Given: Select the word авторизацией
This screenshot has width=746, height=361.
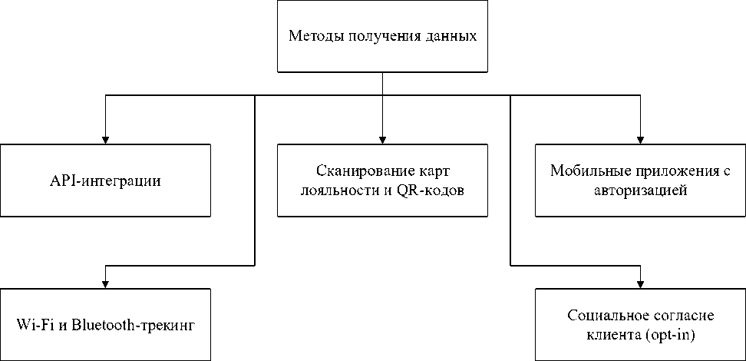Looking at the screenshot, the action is coord(640,191).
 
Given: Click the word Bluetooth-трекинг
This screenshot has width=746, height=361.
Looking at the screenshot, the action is coord(134,327).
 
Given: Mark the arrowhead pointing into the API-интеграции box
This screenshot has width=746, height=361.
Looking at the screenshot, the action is coord(106,140).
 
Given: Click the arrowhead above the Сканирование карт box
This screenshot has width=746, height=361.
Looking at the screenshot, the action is coord(382,140).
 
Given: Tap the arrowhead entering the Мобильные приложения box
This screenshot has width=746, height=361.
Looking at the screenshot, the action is coord(640,140).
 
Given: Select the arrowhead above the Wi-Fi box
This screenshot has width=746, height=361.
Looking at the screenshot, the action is coord(106,284).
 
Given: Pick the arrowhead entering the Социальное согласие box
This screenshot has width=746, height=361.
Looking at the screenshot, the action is coord(640,284).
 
